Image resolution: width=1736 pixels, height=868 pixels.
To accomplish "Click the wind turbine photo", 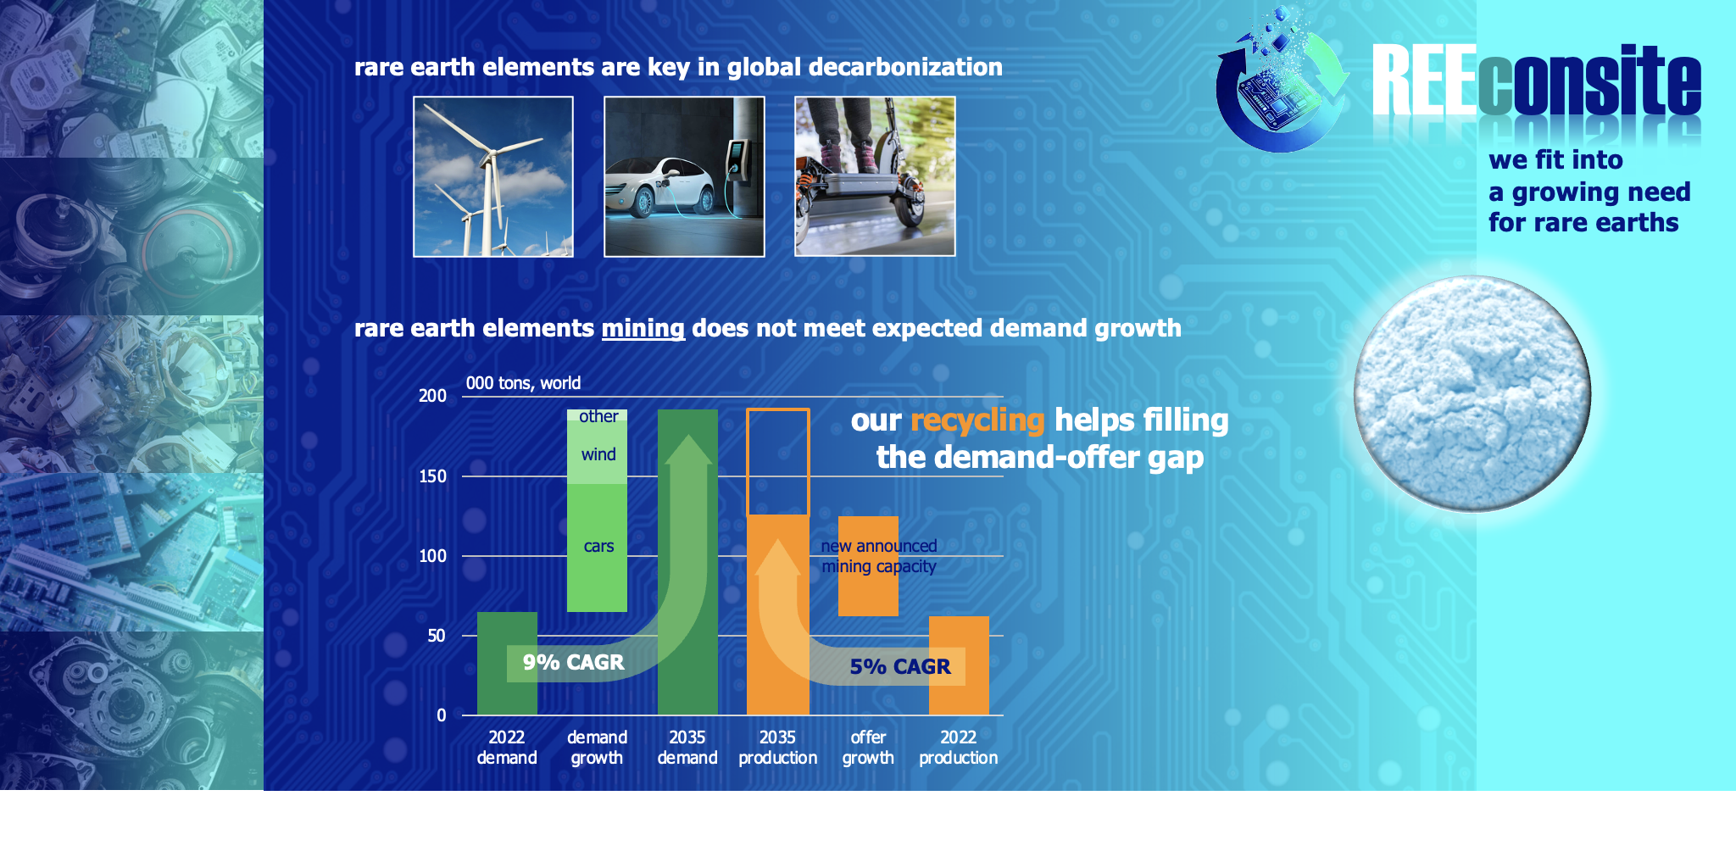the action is click(x=493, y=176).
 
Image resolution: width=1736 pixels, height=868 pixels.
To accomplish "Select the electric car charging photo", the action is click(x=684, y=176).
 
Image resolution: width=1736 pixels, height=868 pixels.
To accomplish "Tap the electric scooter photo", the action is click(x=875, y=176).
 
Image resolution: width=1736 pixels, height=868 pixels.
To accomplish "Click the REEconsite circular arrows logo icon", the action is click(x=1282, y=81).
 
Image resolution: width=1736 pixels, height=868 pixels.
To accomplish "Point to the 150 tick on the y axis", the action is click(x=432, y=476).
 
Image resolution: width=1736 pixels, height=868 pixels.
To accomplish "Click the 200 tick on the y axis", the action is click(x=432, y=396).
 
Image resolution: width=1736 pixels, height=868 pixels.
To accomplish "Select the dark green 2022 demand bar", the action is click(x=507, y=663).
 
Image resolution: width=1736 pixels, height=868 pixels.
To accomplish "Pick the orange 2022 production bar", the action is click(x=959, y=665).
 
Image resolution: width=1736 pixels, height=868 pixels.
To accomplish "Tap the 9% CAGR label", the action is click(x=573, y=662).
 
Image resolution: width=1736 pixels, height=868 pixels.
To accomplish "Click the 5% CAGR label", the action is click(x=900, y=667).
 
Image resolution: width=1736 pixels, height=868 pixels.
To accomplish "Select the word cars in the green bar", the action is click(x=598, y=547).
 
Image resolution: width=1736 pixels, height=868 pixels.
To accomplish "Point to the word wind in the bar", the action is click(x=598, y=454).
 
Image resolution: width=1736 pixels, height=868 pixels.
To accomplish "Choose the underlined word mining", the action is click(x=643, y=328).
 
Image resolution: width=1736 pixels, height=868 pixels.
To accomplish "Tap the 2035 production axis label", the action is click(x=778, y=748).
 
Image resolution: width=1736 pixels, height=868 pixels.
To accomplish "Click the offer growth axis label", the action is click(x=868, y=748).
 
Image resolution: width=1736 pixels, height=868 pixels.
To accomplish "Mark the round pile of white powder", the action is click(x=1472, y=394).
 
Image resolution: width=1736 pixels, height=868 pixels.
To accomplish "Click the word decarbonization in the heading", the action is click(x=905, y=67).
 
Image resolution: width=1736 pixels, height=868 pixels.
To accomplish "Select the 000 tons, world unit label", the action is click(x=523, y=383).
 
